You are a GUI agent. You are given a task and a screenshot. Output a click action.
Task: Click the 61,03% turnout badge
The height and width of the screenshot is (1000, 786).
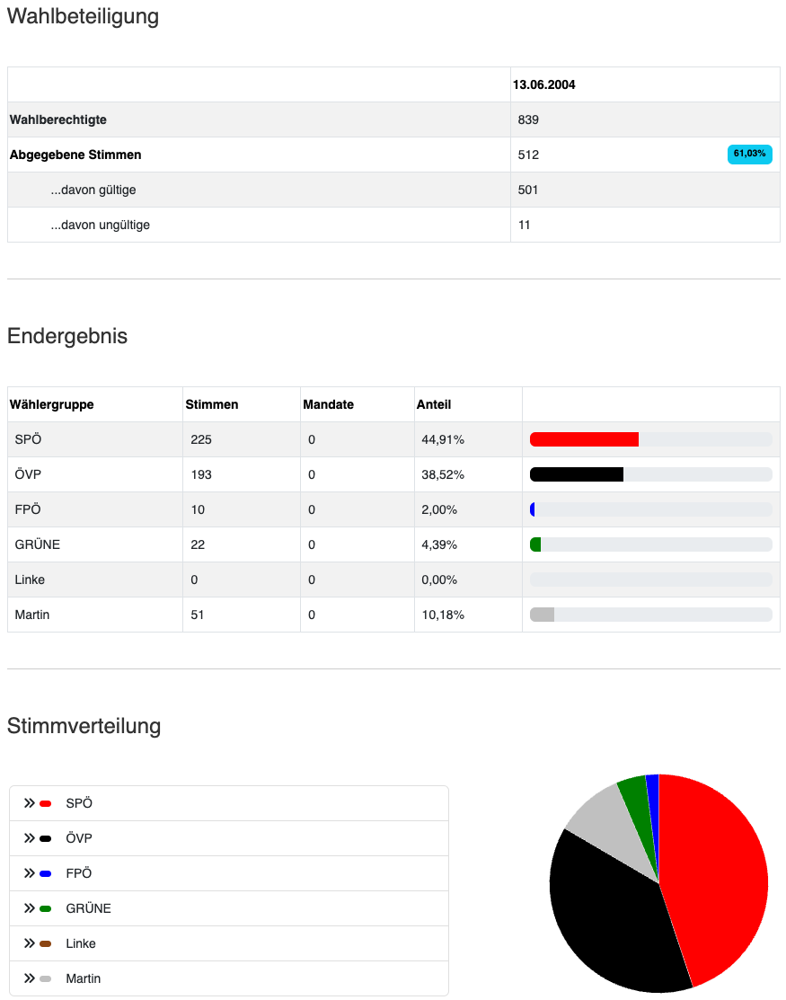pos(749,155)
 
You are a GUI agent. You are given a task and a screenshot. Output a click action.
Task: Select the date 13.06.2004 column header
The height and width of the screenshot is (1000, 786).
pos(544,84)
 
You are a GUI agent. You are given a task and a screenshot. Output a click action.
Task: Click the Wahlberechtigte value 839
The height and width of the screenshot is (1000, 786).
pos(528,119)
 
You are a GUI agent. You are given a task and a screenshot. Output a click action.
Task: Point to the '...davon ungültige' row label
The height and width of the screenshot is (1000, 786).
pos(100,225)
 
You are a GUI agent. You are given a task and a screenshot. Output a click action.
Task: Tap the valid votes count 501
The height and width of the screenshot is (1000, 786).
pos(528,190)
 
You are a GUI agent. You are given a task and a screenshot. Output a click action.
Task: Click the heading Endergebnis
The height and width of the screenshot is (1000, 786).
pos(67,336)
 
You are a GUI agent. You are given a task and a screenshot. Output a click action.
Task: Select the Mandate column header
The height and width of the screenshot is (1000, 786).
pos(329,404)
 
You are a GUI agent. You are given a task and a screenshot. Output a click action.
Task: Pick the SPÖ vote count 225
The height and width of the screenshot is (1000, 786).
pos(201,439)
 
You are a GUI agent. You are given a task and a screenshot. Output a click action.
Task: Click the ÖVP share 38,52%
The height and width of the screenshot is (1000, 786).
pos(443,474)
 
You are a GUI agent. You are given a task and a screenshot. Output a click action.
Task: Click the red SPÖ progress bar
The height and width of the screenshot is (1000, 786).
pos(584,439)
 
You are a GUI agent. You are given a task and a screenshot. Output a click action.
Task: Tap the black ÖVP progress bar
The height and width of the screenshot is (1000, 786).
pos(577,474)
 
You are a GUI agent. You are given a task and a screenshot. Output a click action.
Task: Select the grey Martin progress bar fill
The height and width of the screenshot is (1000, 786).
pos(543,615)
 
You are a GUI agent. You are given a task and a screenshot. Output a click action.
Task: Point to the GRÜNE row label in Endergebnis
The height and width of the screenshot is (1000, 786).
pos(38,544)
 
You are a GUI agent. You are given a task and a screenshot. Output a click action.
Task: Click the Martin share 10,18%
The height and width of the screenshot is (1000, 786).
pos(443,615)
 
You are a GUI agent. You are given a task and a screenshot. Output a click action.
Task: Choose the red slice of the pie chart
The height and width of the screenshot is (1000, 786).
pos(719,872)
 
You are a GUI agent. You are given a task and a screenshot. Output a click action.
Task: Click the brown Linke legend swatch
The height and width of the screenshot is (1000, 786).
pos(45,943)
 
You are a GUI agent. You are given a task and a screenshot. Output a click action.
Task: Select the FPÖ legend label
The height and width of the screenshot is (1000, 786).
pos(79,873)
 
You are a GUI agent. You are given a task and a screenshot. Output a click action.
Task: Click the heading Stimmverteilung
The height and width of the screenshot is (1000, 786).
pos(84,726)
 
